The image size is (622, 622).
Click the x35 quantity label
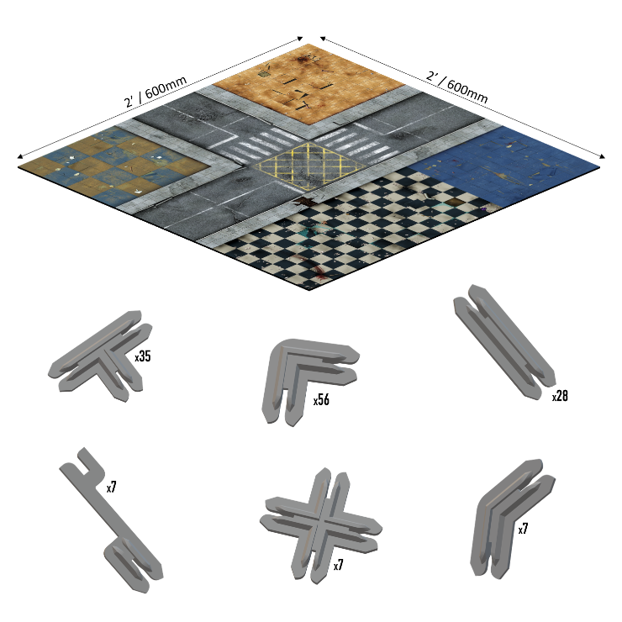pyautogui.click(x=143, y=356)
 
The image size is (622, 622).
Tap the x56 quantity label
pyautogui.click(x=321, y=400)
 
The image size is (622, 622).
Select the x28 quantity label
pyautogui.click(x=560, y=396)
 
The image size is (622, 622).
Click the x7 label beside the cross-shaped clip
pyautogui.click(x=339, y=565)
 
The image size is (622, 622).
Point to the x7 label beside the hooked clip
pyautogui.click(x=112, y=487)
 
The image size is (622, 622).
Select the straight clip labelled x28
pyautogui.click(x=503, y=341)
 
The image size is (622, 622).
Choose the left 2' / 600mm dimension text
pyautogui.click(x=155, y=92)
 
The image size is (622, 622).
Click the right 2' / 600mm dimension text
pyautogui.click(x=457, y=87)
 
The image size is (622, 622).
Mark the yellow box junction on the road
pyautogui.click(x=310, y=165)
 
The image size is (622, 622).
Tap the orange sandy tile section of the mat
pyautogui.click(x=309, y=82)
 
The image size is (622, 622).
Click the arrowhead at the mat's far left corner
pyautogui.click(x=20, y=156)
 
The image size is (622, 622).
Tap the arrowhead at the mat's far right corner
pyautogui.click(x=602, y=156)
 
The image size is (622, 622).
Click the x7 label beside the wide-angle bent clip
pyautogui.click(x=523, y=529)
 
